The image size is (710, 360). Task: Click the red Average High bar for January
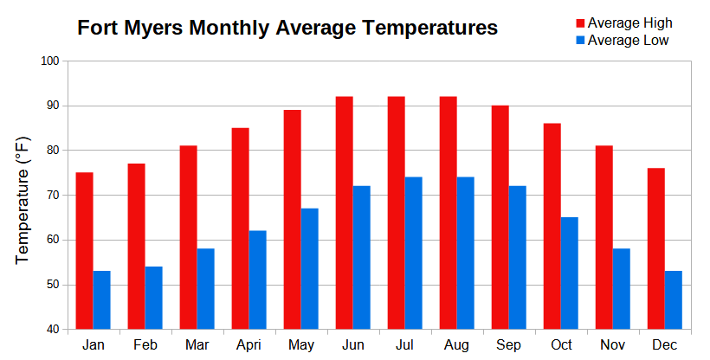tap(84, 251)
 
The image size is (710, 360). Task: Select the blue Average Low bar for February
tap(153, 298)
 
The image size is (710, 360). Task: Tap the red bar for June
tap(344, 213)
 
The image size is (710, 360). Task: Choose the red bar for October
tap(552, 226)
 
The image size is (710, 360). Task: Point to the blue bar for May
tap(309, 268)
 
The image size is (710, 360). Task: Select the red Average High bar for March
tap(188, 237)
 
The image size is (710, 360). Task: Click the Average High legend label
tap(629, 23)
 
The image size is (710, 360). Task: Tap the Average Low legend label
tap(628, 40)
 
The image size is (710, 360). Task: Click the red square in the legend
tap(579, 23)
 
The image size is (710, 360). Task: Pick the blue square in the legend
tap(579, 40)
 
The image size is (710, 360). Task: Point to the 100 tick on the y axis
tap(48, 61)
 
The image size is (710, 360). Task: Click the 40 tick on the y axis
tap(50, 330)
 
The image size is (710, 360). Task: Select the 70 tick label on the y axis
tap(50, 196)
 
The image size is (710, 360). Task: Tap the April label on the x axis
tap(248, 345)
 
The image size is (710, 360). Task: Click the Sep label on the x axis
tap(508, 345)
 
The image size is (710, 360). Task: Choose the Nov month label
tap(612, 345)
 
